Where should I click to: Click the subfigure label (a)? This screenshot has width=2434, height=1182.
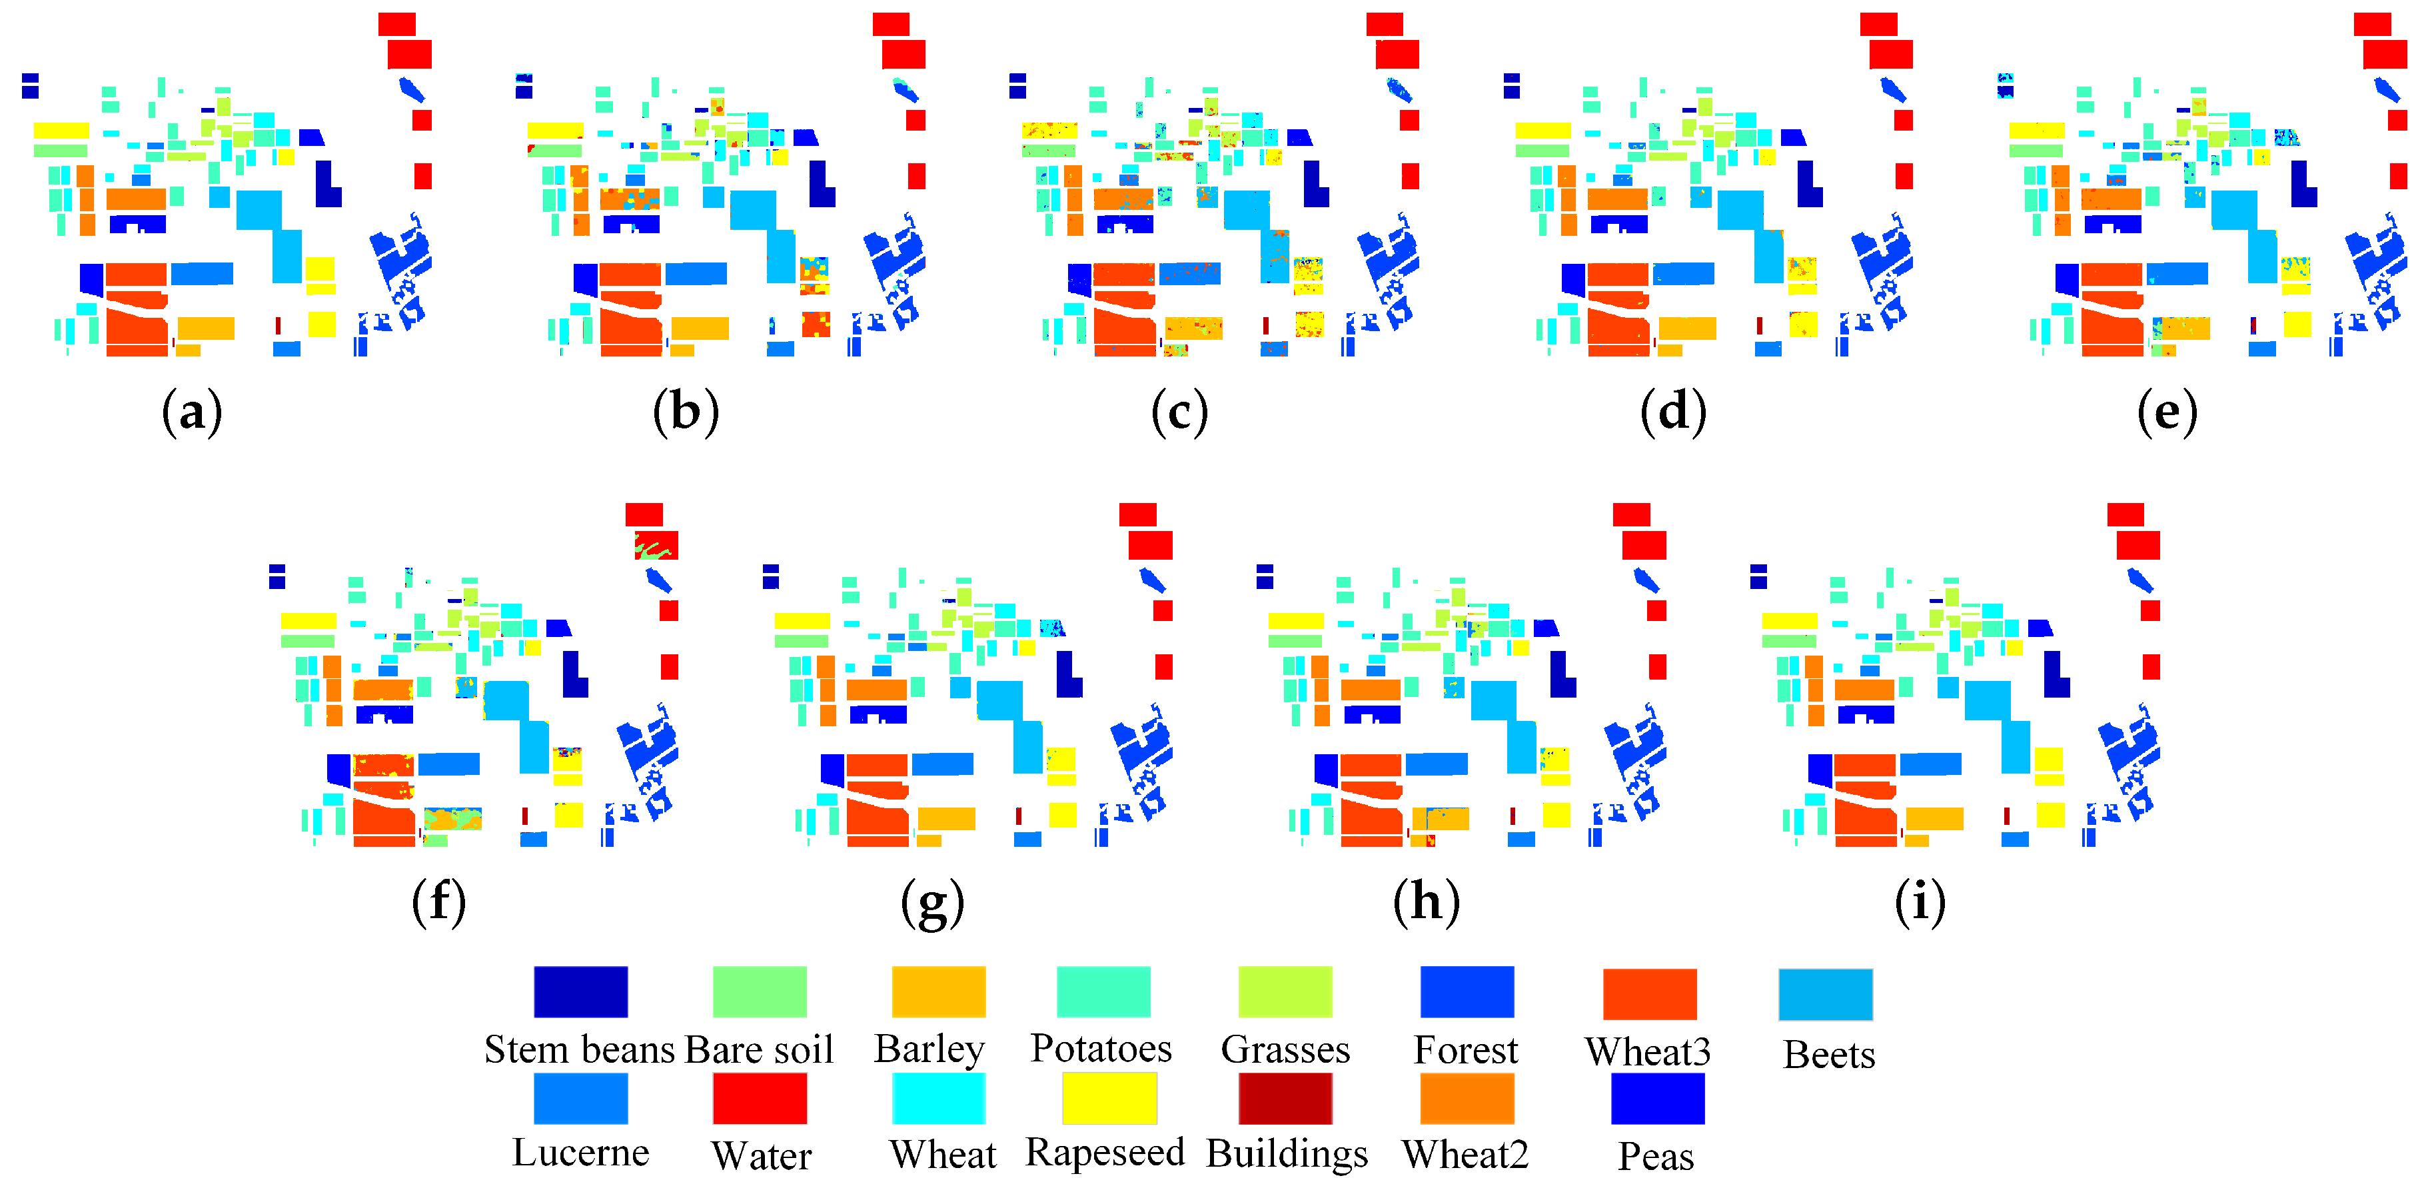[x=192, y=413]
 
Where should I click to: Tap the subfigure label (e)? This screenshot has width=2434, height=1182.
[x=2167, y=413]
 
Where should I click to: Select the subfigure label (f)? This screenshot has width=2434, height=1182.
[x=439, y=902]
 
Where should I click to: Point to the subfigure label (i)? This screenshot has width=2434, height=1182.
[x=1920, y=902]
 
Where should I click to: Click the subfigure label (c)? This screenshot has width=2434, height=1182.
[x=1179, y=413]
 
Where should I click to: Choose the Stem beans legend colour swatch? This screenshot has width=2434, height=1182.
[x=580, y=991]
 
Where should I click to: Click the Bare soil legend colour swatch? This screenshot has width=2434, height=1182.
[x=759, y=991]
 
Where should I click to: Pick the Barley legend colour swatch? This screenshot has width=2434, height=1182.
[x=938, y=991]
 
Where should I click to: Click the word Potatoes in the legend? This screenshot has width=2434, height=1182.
[x=1101, y=1048]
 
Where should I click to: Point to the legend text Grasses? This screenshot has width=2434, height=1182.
[x=1285, y=1049]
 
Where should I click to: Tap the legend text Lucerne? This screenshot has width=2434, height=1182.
[x=580, y=1153]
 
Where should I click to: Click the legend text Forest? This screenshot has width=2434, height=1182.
[x=1465, y=1049]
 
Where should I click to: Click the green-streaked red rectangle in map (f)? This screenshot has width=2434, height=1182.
[x=656, y=545]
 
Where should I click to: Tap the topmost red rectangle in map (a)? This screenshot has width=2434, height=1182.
[x=397, y=23]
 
